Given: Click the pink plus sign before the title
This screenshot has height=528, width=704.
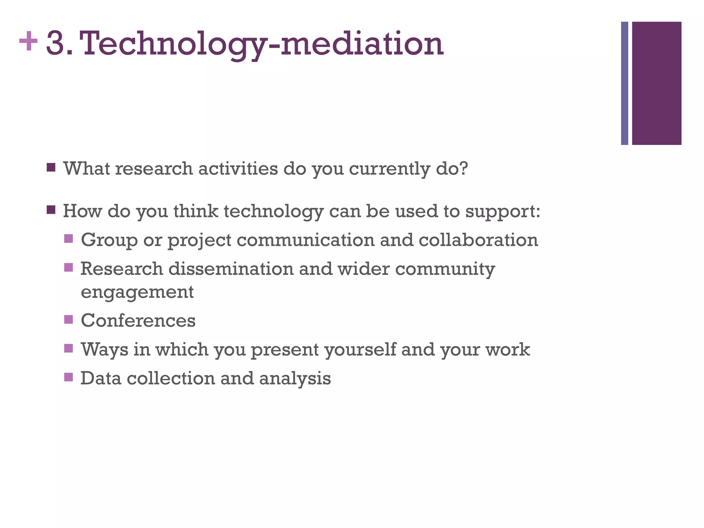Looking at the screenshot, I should [28, 42].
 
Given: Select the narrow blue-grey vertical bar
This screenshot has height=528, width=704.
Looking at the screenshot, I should [624, 83].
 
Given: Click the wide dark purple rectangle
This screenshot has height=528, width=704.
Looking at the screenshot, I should [657, 83].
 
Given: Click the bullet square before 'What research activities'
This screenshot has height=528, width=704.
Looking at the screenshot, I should [51, 168].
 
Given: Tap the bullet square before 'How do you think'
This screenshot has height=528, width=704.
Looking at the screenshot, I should [51, 210].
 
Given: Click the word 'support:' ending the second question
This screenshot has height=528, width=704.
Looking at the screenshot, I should [503, 211].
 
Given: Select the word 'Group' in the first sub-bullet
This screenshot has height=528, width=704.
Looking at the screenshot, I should [109, 240].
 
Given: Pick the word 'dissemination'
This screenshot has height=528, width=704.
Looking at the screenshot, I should [231, 268].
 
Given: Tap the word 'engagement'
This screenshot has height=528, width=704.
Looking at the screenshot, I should [137, 292].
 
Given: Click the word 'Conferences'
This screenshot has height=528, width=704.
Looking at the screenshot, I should [138, 320].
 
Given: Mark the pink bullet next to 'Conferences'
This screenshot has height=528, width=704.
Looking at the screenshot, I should [69, 320].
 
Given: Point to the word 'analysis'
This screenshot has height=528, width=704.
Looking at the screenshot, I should [295, 378].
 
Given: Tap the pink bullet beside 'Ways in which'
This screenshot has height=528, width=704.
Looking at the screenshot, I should [69, 349].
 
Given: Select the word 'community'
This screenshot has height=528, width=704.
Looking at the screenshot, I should [445, 269].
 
